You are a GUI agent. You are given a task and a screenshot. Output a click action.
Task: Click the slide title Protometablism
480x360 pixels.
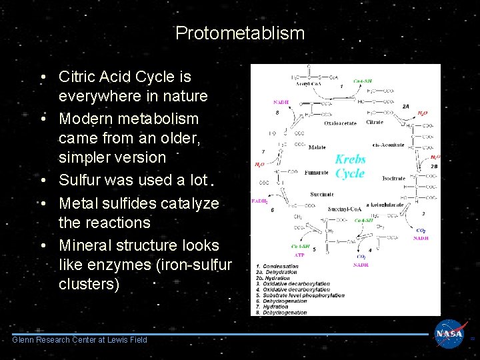tap(240, 33)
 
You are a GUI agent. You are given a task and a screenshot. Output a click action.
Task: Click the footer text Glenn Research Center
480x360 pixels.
tap(80, 340)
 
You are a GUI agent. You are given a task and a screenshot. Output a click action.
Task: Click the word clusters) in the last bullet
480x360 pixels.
tap(89, 284)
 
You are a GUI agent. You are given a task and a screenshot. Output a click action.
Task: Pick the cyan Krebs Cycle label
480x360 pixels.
tap(350, 167)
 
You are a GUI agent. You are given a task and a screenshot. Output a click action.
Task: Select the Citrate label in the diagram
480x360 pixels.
tap(375, 123)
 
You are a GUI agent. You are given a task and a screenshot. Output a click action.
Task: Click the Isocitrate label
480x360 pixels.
tap(393, 179)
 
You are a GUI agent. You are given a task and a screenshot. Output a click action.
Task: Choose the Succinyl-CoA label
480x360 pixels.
tap(345, 209)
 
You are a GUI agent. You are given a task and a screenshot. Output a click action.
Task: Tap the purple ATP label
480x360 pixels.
tap(300, 255)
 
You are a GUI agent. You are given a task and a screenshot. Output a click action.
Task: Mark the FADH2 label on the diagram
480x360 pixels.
tap(261, 200)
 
